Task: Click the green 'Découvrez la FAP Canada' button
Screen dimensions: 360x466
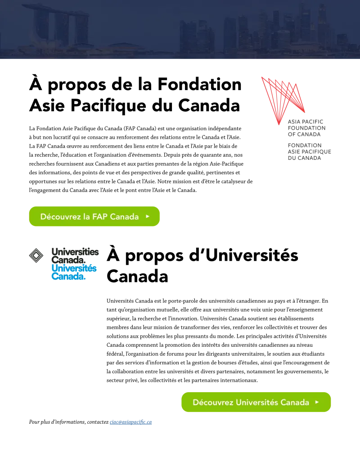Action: point(94,217)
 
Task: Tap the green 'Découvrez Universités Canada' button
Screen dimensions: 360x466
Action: point(256,402)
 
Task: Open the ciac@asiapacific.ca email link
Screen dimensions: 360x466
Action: point(130,422)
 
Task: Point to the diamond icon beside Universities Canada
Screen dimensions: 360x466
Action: point(36,255)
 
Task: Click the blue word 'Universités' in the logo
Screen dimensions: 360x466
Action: point(74,268)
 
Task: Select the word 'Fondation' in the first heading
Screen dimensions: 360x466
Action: point(199,84)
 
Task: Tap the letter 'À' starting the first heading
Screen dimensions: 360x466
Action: point(36,83)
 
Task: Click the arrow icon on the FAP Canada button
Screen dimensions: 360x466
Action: point(148,217)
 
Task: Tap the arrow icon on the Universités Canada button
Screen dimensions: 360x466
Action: point(317,402)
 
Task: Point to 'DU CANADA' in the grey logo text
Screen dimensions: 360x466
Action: point(305,158)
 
